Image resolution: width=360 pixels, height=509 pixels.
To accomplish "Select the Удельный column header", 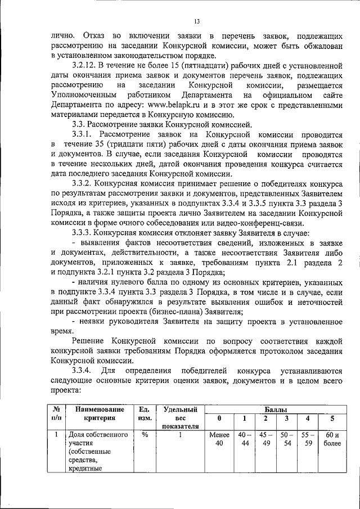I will point(180,411).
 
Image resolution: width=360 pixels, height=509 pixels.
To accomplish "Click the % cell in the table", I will point(144,435).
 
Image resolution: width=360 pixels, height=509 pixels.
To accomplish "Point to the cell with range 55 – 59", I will point(307,439).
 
